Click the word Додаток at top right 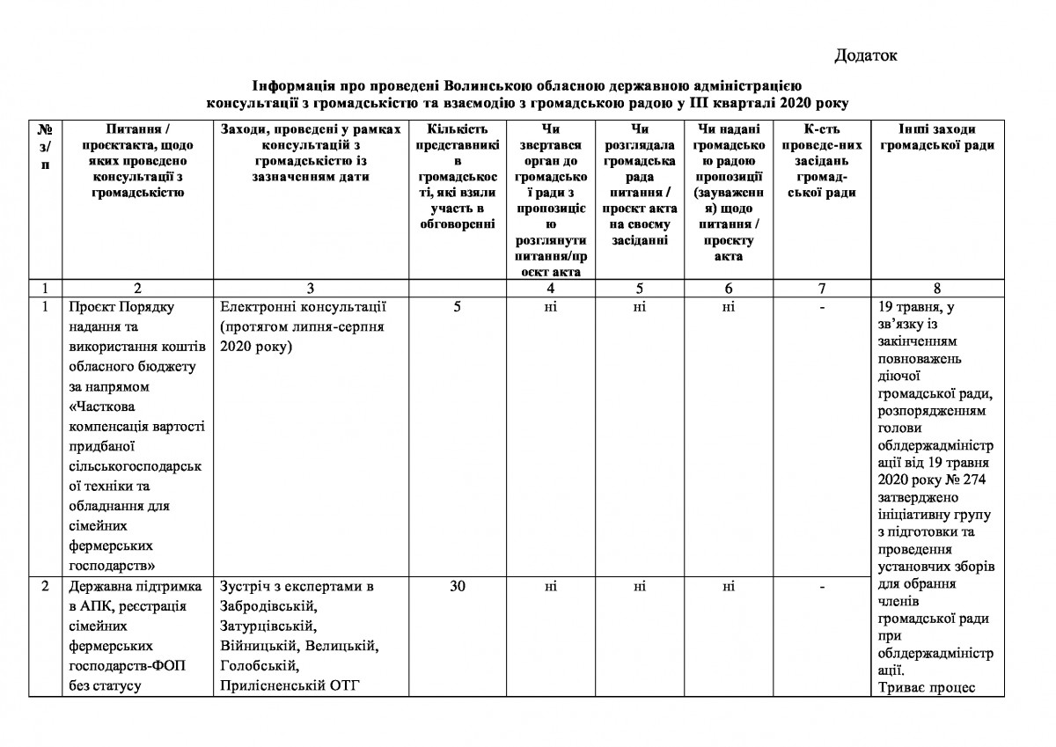(x=865, y=56)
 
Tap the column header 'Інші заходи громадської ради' (x=937, y=137)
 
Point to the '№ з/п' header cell (x=44, y=145)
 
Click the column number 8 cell (x=936, y=288)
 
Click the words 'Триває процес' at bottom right (x=926, y=687)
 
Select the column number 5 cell (x=639, y=288)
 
